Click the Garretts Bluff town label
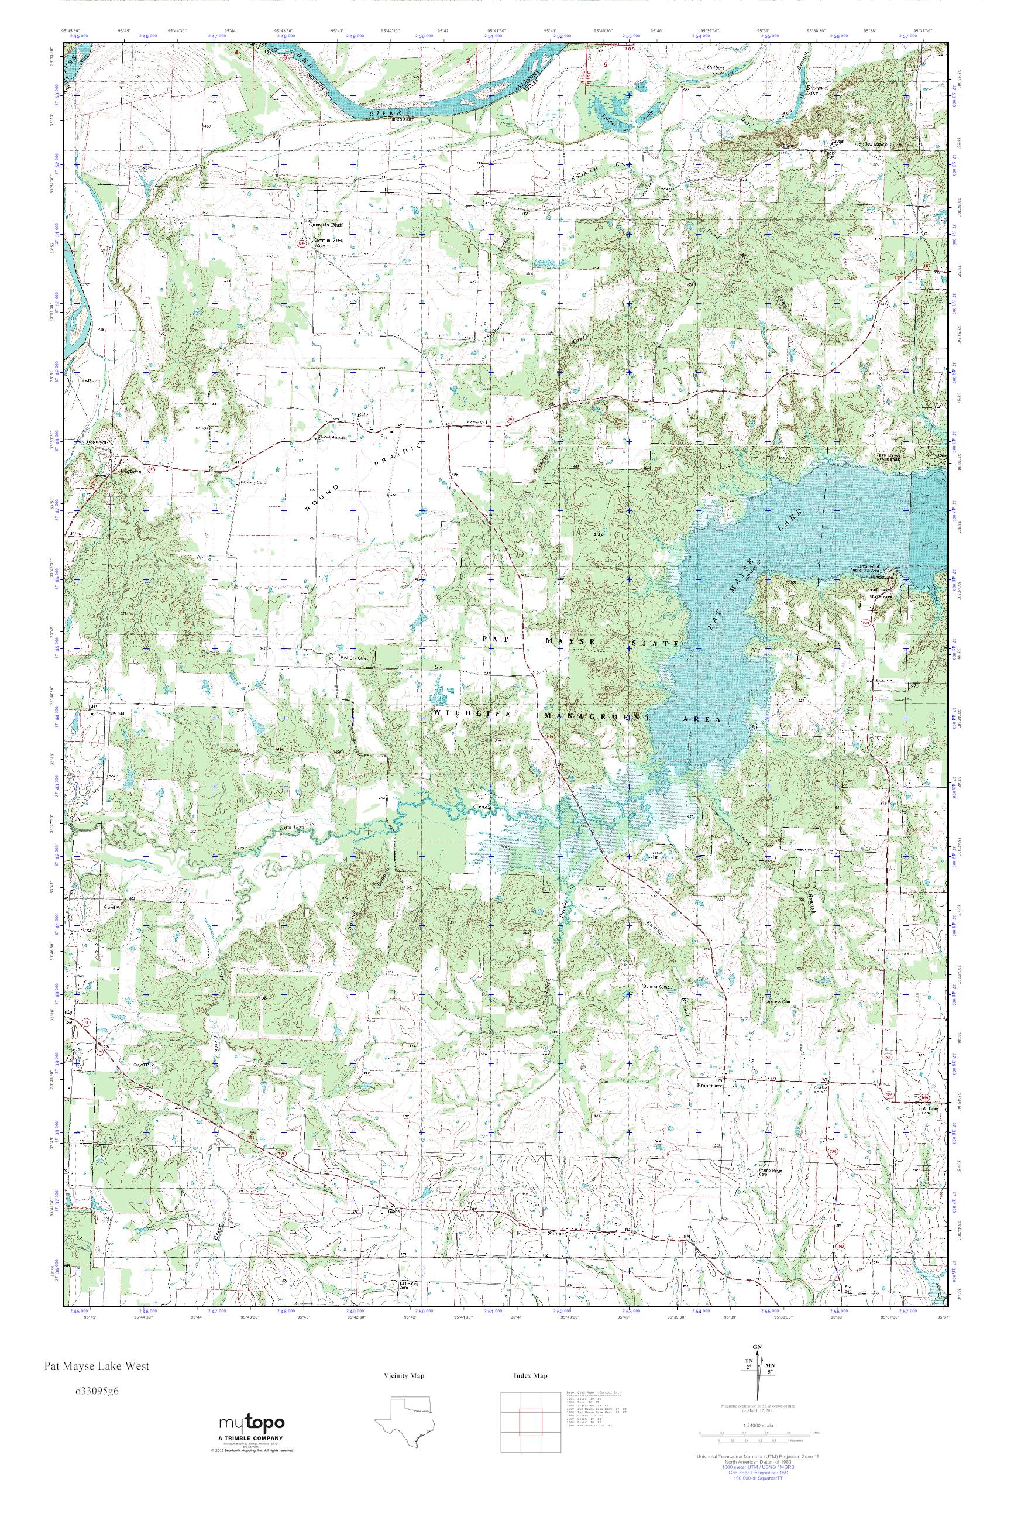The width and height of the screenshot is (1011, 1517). click(x=324, y=225)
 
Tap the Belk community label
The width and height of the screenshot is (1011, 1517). click(x=353, y=416)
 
